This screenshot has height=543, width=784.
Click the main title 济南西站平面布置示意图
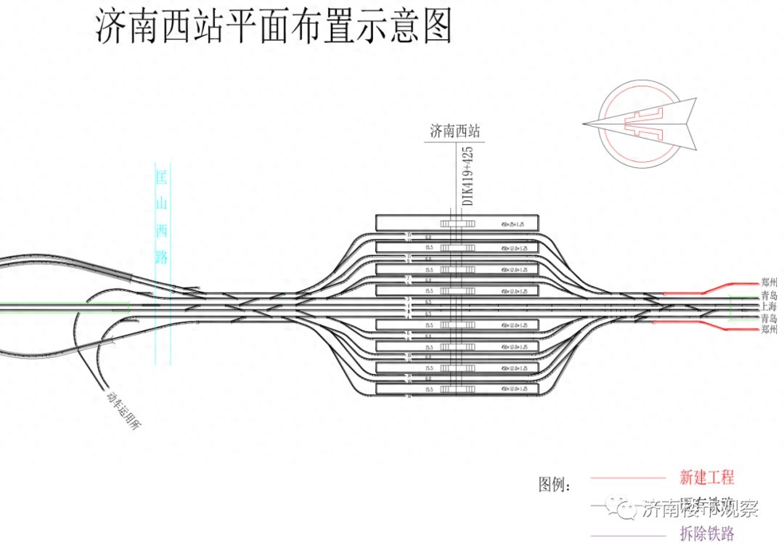coord(274,28)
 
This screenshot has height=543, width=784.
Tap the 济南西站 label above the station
coord(454,131)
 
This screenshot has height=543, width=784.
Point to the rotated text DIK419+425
coord(468,176)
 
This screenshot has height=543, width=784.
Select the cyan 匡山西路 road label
coord(162,217)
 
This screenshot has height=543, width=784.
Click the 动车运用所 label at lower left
coord(123,412)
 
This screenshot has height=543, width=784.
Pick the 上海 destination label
coord(769,307)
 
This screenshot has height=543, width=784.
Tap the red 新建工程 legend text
coord(706,478)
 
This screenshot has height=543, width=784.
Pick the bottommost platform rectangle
coord(457,390)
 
